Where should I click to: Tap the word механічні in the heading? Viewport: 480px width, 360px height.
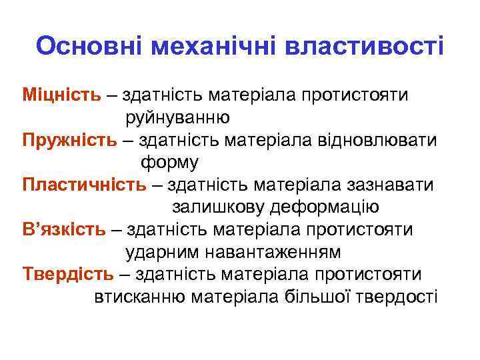point(214,47)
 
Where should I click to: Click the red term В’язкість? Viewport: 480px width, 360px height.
point(63,230)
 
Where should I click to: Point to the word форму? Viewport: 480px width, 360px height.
point(169,163)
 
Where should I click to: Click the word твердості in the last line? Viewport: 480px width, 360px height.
point(399,297)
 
